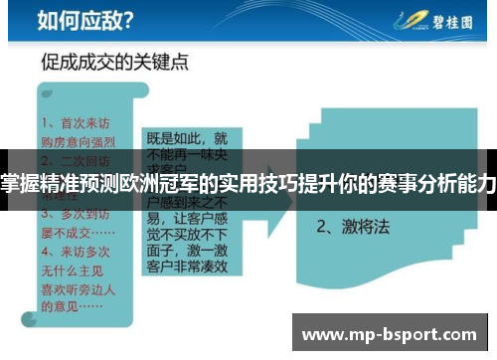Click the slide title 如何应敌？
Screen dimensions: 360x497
(x=74, y=19)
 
